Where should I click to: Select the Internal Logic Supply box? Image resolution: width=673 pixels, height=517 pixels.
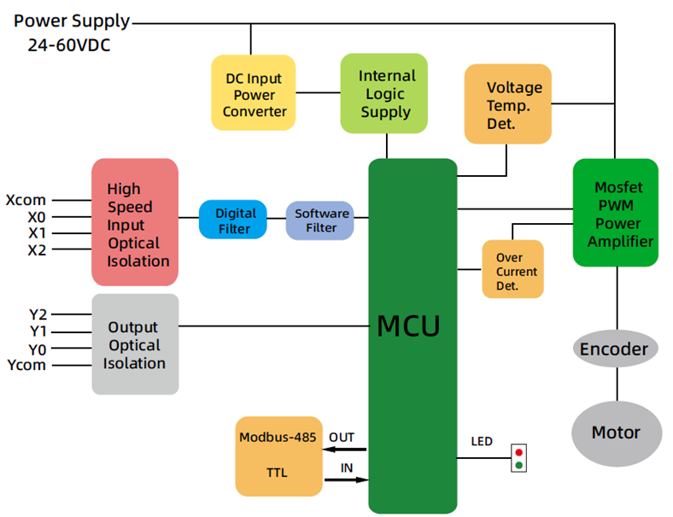pyautogui.click(x=383, y=93)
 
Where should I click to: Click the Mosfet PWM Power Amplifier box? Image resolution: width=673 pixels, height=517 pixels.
pyautogui.click(x=615, y=211)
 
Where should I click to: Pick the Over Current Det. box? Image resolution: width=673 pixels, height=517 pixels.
pyautogui.click(x=512, y=269)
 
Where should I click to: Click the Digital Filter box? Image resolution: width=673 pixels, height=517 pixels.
pyautogui.click(x=232, y=220)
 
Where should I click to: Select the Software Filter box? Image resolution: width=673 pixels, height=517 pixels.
pyautogui.click(x=318, y=220)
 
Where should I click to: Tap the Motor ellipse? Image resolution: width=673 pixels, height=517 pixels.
pyautogui.click(x=615, y=432)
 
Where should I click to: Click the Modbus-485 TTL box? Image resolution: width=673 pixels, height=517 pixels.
pyautogui.click(x=278, y=458)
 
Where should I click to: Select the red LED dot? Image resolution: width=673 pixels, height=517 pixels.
pyautogui.click(x=518, y=451)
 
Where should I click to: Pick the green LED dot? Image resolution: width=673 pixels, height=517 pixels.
pyautogui.click(x=518, y=465)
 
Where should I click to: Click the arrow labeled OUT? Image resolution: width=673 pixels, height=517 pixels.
pyautogui.click(x=344, y=449)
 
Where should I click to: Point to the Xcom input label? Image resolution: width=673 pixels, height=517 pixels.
pyautogui.click(x=26, y=201)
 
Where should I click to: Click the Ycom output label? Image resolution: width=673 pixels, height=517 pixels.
pyautogui.click(x=26, y=365)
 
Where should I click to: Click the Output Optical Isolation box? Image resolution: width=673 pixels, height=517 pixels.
pyautogui.click(x=135, y=344)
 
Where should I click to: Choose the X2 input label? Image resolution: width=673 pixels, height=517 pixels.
pyautogui.click(x=37, y=250)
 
